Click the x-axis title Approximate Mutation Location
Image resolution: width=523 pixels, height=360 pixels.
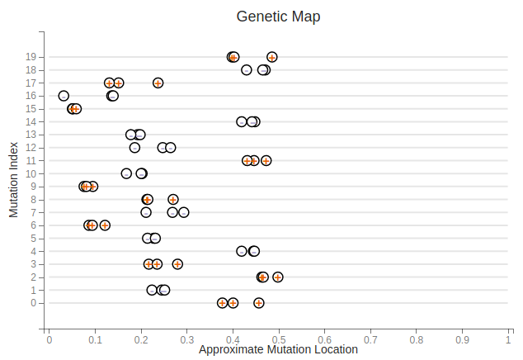pos(278,350)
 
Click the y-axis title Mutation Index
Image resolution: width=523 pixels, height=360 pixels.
pos(14,179)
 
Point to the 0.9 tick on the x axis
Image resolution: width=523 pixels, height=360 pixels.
pos(462,339)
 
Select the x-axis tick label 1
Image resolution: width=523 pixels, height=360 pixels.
pos(508,339)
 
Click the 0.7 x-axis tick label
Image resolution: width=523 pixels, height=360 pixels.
pos(370,339)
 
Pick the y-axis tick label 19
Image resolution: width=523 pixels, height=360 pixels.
pos(31,57)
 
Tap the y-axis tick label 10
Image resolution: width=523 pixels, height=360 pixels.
pos(31,173)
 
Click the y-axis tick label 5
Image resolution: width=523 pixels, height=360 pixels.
pos(33,239)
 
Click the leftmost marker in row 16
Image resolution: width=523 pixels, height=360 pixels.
pos(64,96)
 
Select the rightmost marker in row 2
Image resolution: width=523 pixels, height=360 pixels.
pos(278,277)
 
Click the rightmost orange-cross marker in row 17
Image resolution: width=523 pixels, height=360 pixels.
pos(158,83)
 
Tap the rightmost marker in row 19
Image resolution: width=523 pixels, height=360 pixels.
pos(272,57)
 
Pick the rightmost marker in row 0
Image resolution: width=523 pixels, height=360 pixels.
pos(259,303)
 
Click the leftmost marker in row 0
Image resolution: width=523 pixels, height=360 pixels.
pos(222,303)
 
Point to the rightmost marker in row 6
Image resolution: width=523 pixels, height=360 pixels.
pos(105,225)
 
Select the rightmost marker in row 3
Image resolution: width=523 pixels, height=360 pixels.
pos(177,264)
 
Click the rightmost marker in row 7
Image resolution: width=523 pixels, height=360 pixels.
pos(184,212)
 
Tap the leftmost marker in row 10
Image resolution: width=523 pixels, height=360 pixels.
pos(126,173)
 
